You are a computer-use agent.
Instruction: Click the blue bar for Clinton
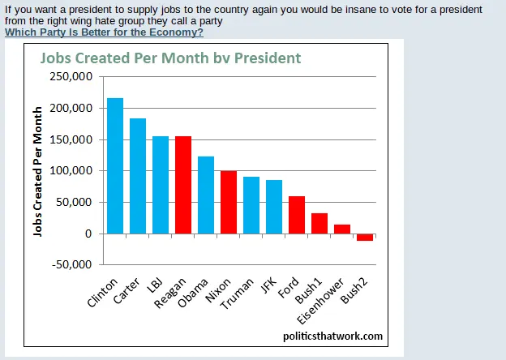pos(115,165)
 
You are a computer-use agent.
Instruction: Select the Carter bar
pos(138,176)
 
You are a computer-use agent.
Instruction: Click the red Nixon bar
pos(229,202)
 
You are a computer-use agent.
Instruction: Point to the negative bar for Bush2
pos(365,237)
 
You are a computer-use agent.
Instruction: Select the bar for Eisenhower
pos(342,229)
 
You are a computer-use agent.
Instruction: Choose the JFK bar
pos(274,207)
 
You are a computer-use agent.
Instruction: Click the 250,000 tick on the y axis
pos(72,77)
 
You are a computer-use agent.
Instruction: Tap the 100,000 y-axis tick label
pos(72,171)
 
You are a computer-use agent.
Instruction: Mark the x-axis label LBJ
pos(155,288)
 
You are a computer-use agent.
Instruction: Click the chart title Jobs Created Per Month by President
pos(170,58)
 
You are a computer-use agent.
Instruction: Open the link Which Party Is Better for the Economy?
pos(104,32)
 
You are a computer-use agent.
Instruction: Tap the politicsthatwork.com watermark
pos(332,336)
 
